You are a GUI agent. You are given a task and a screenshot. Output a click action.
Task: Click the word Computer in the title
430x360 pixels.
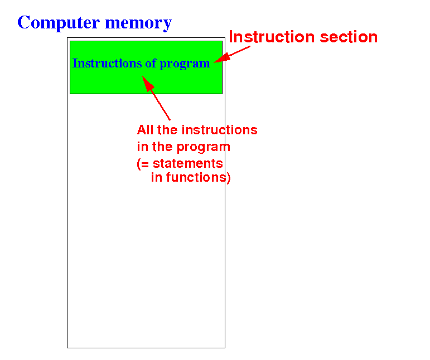(59, 23)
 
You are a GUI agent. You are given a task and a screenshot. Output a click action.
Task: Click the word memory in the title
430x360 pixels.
(138, 23)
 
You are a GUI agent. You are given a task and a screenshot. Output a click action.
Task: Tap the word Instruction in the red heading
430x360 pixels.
(272, 37)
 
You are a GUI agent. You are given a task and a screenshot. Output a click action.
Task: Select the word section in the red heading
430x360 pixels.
(349, 37)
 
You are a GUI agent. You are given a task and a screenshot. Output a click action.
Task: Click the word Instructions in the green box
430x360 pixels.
(107, 64)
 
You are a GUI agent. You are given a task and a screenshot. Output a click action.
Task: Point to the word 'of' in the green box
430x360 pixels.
(151, 64)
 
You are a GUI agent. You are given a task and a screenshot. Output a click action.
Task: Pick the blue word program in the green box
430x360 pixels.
(185, 65)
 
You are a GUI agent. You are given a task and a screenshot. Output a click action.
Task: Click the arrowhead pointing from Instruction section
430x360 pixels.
(222, 58)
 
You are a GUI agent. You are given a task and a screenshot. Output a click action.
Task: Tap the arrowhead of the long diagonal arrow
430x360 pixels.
(148, 83)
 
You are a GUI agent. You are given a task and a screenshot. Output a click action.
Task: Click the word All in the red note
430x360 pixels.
(146, 130)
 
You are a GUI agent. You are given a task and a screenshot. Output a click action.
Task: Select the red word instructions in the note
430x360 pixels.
(219, 130)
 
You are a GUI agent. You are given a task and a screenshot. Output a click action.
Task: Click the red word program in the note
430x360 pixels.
(203, 148)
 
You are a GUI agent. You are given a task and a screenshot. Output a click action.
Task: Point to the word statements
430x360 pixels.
(187, 164)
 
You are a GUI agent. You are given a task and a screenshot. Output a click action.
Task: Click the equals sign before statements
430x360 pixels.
(146, 164)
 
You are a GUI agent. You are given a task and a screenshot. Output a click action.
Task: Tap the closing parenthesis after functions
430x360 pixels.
(229, 178)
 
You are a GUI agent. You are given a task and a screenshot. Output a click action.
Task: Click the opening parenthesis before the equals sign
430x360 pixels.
(139, 164)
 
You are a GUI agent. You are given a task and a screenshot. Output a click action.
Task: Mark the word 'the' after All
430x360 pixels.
(167, 130)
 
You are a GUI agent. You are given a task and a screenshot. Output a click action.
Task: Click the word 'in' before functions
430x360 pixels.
(157, 177)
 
